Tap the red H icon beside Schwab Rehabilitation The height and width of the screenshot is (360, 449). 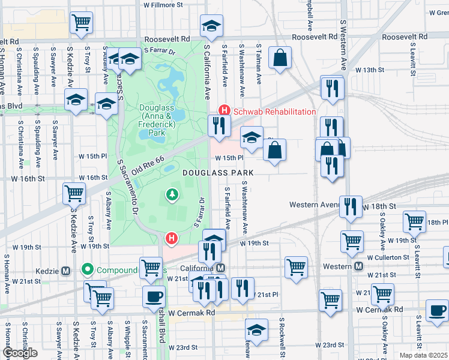point(224,111)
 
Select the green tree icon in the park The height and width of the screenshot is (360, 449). point(172,194)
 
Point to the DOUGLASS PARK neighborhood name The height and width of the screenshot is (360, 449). point(218,172)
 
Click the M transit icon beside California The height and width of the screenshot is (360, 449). point(221,268)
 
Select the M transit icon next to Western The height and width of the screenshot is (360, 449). point(358,266)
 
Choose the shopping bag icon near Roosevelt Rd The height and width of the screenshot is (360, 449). point(280,59)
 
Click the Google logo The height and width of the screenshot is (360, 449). point(20,353)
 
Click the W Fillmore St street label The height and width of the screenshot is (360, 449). point(163,5)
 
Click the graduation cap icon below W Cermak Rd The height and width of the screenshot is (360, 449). point(256,330)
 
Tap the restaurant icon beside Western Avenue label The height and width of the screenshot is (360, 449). point(351,206)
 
